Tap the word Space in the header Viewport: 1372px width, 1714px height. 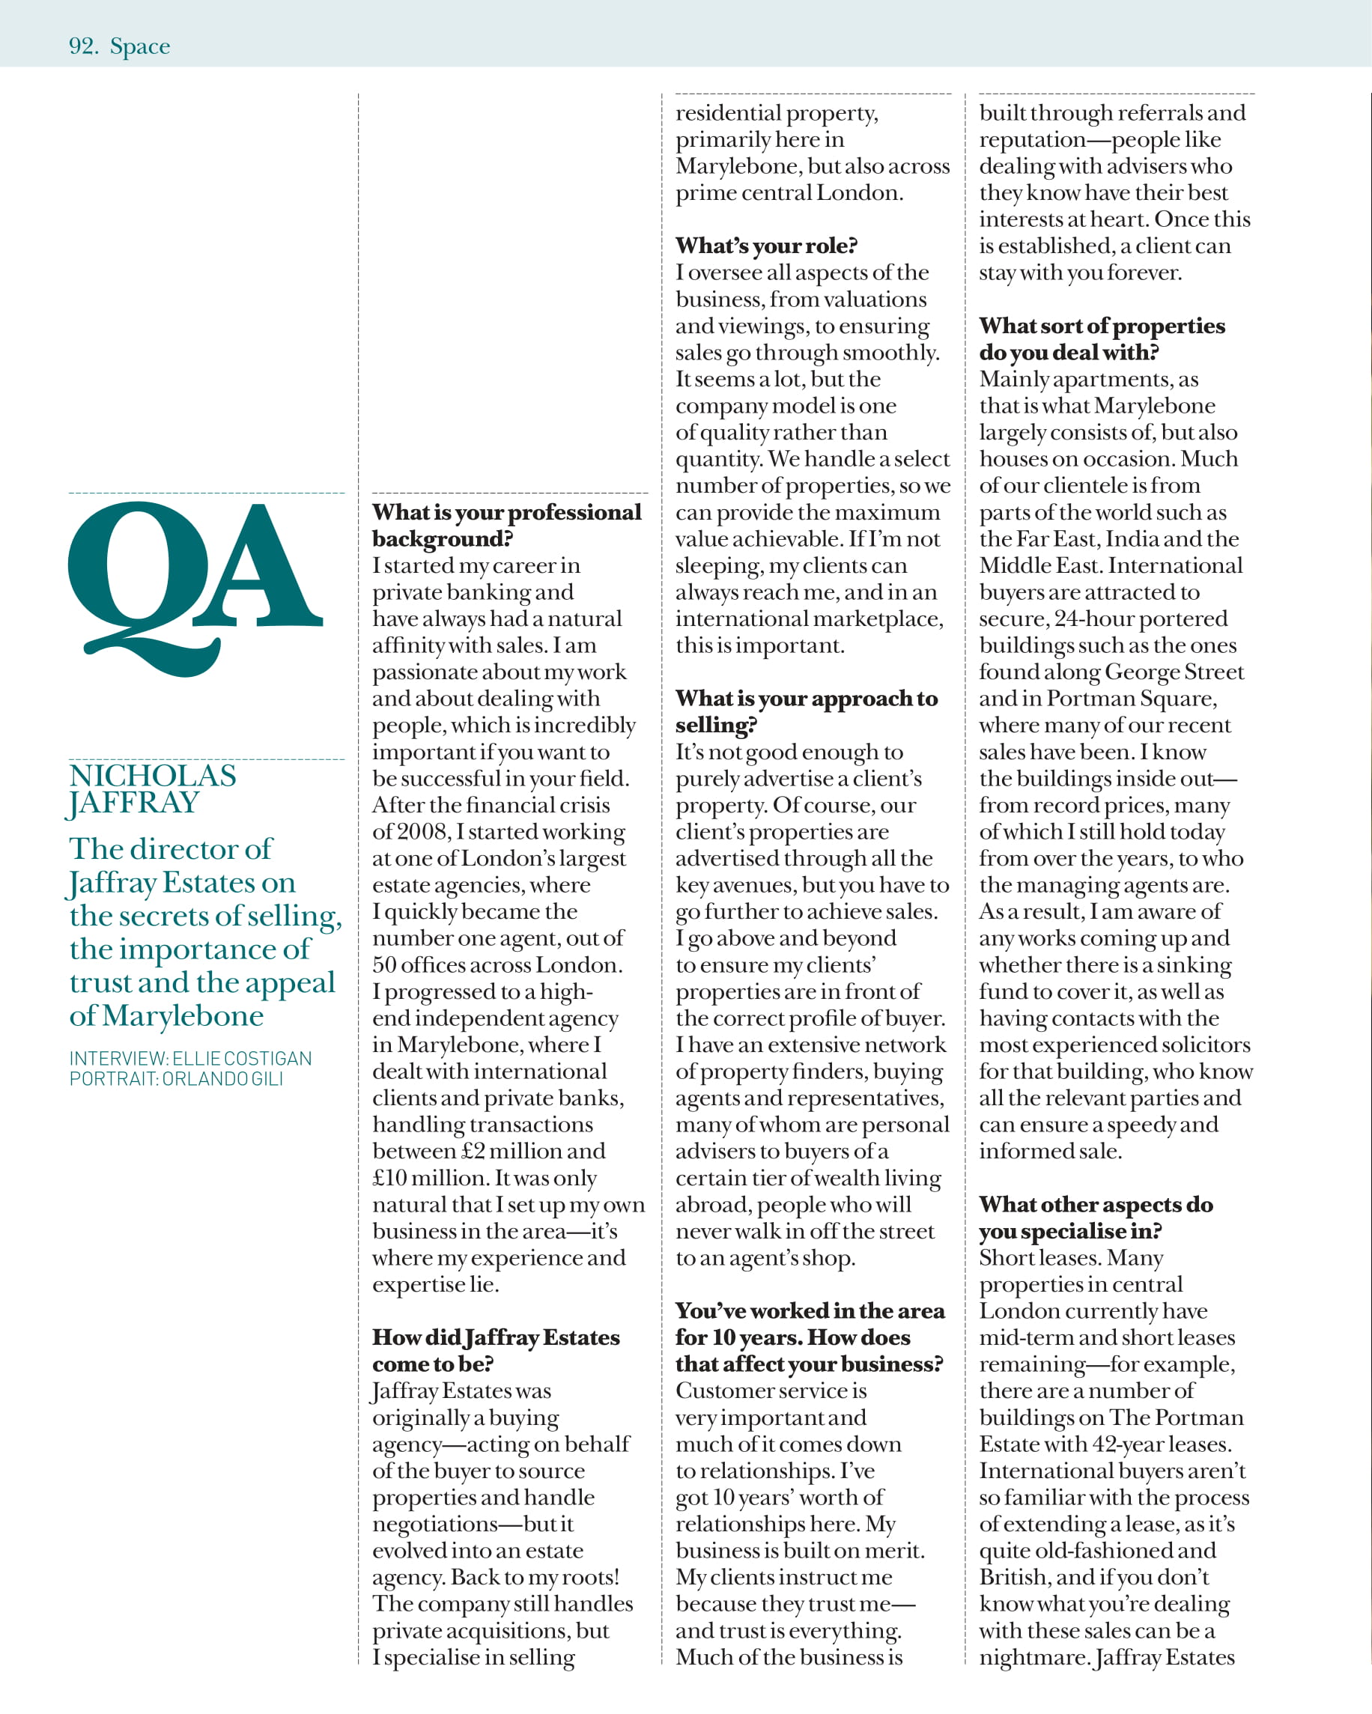coord(140,47)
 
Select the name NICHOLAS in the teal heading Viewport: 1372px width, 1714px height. coord(153,776)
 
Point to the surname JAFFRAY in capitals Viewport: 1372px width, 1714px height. coord(133,803)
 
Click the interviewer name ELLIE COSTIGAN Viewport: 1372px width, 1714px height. coord(242,1059)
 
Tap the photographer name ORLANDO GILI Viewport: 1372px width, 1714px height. coord(222,1080)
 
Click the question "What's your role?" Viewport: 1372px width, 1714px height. coord(766,246)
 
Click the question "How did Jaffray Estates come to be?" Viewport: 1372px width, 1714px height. coord(495,1351)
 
